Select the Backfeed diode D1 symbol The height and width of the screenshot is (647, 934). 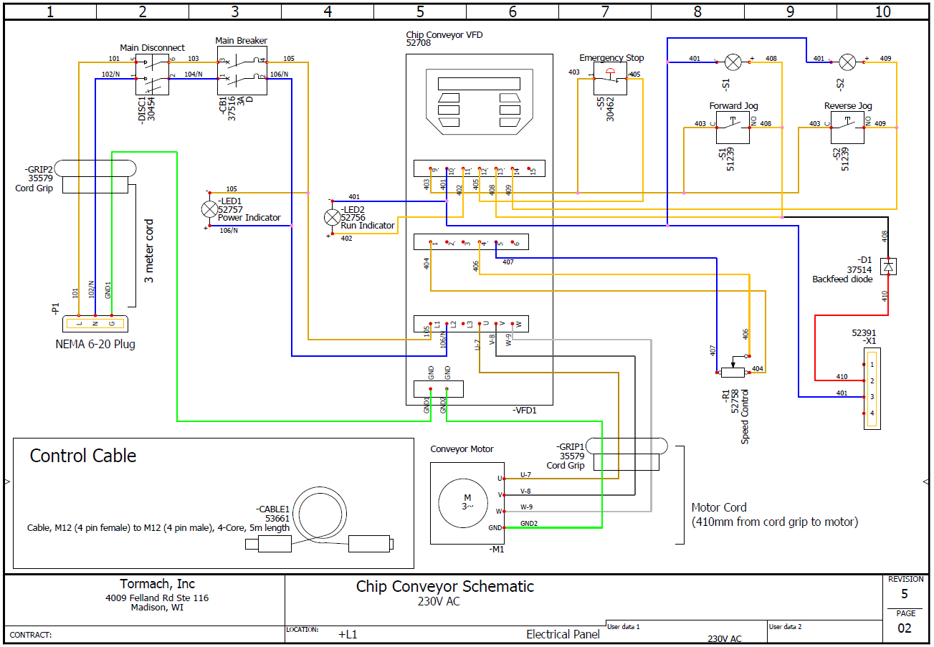(x=889, y=267)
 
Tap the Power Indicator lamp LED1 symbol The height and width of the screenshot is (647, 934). (x=209, y=209)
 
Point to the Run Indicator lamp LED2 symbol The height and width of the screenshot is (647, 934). (x=332, y=217)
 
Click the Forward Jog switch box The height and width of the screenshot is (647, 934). (x=733, y=128)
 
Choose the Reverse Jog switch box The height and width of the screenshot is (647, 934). (x=847, y=128)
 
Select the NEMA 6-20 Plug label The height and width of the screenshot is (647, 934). (x=95, y=344)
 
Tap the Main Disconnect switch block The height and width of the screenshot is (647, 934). (x=152, y=75)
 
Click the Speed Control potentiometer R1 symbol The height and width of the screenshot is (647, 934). (x=732, y=371)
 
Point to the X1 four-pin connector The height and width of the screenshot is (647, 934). (x=872, y=389)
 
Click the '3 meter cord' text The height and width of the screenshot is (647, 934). (x=149, y=251)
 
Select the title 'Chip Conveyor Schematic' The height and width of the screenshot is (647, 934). (x=444, y=586)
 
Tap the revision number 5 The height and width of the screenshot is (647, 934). (x=904, y=594)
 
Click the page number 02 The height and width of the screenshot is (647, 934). (x=905, y=628)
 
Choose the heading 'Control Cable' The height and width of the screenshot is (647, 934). (x=82, y=456)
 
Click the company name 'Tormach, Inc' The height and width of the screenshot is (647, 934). (x=156, y=584)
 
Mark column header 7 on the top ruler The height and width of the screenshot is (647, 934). (x=604, y=11)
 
